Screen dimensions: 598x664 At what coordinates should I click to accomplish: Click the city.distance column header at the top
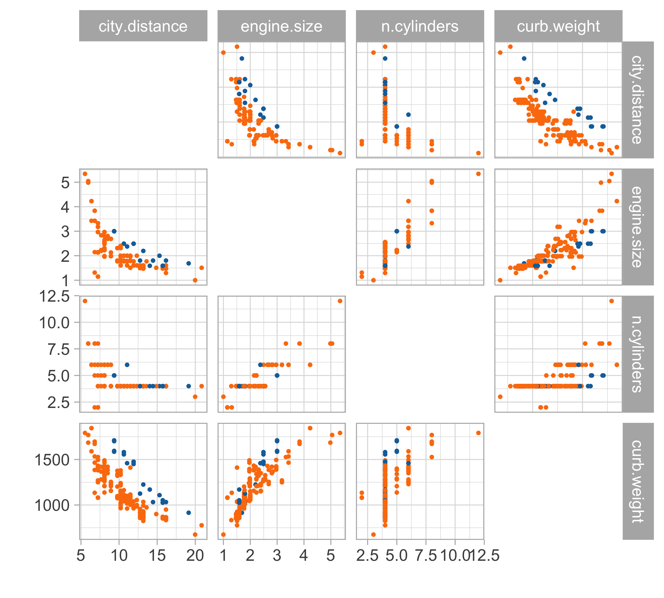143,26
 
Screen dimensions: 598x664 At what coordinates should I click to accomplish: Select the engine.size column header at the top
282,26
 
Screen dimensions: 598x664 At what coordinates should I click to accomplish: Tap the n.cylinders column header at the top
420,26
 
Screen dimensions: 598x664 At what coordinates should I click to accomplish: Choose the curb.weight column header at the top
558,26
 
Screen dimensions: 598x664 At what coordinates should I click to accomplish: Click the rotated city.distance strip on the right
638,100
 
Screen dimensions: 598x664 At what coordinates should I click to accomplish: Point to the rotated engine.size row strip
638,227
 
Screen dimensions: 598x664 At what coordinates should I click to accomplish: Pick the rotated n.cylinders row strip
638,354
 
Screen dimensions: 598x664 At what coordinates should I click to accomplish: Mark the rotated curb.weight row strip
638,481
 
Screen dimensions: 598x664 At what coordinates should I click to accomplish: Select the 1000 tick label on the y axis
52,505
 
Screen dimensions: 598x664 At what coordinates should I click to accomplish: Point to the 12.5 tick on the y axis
54,296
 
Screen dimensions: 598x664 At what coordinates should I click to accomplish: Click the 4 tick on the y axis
65,207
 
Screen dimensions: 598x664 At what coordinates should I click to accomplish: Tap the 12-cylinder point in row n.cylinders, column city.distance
85,301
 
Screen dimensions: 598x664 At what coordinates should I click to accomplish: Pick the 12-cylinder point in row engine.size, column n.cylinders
478,174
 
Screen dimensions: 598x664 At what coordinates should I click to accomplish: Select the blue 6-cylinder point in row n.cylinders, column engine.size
260,365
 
